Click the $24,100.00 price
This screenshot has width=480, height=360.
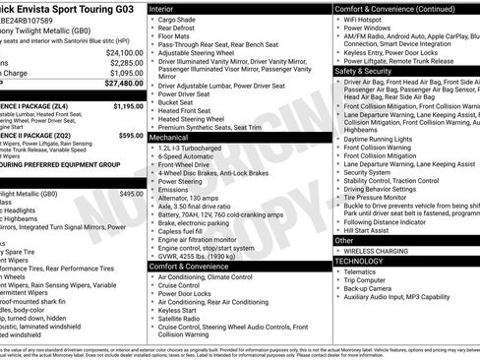pyautogui.click(x=124, y=52)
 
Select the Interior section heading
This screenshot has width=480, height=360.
pyautogui.click(x=164, y=7)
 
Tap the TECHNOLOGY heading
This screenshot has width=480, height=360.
pyautogui.click(x=360, y=261)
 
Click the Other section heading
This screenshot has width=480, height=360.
pyautogui.click(x=344, y=240)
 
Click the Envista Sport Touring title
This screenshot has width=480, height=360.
pyautogui.click(x=69, y=8)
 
